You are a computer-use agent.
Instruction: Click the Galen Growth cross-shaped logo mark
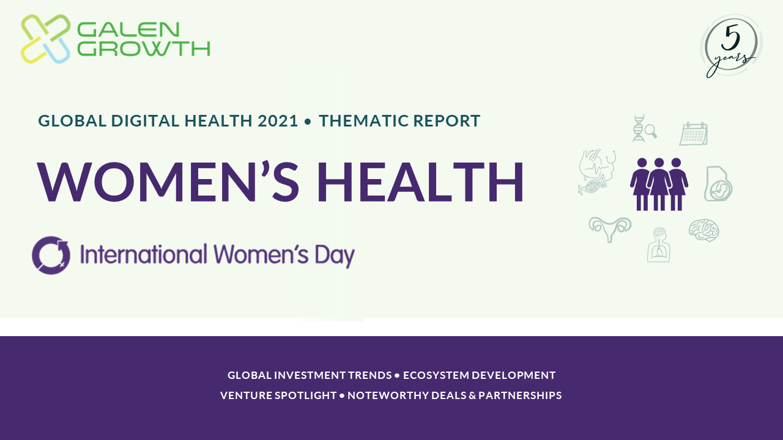tap(45, 38)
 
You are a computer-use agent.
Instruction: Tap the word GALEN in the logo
tap(128, 30)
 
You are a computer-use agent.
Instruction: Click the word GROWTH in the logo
tap(143, 48)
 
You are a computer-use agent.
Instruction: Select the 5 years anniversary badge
tap(731, 46)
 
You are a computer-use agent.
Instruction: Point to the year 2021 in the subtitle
tap(278, 121)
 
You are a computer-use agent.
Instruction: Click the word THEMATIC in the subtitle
tap(363, 121)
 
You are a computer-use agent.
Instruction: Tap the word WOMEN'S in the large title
tap(168, 182)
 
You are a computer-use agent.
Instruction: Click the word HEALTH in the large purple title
tap(420, 182)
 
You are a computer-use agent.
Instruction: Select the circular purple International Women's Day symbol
tap(51, 255)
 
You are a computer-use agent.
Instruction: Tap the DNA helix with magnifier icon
tap(645, 128)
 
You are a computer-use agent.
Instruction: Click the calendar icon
tap(694, 134)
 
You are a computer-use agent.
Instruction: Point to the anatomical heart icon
tap(597, 172)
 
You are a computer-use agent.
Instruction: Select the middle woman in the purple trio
tap(659, 184)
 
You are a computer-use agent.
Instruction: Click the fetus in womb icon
tap(718, 184)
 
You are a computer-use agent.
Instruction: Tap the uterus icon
tap(610, 229)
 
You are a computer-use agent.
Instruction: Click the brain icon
tap(703, 230)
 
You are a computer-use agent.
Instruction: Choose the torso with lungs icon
tap(659, 245)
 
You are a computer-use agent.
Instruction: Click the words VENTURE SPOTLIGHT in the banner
tap(278, 395)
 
